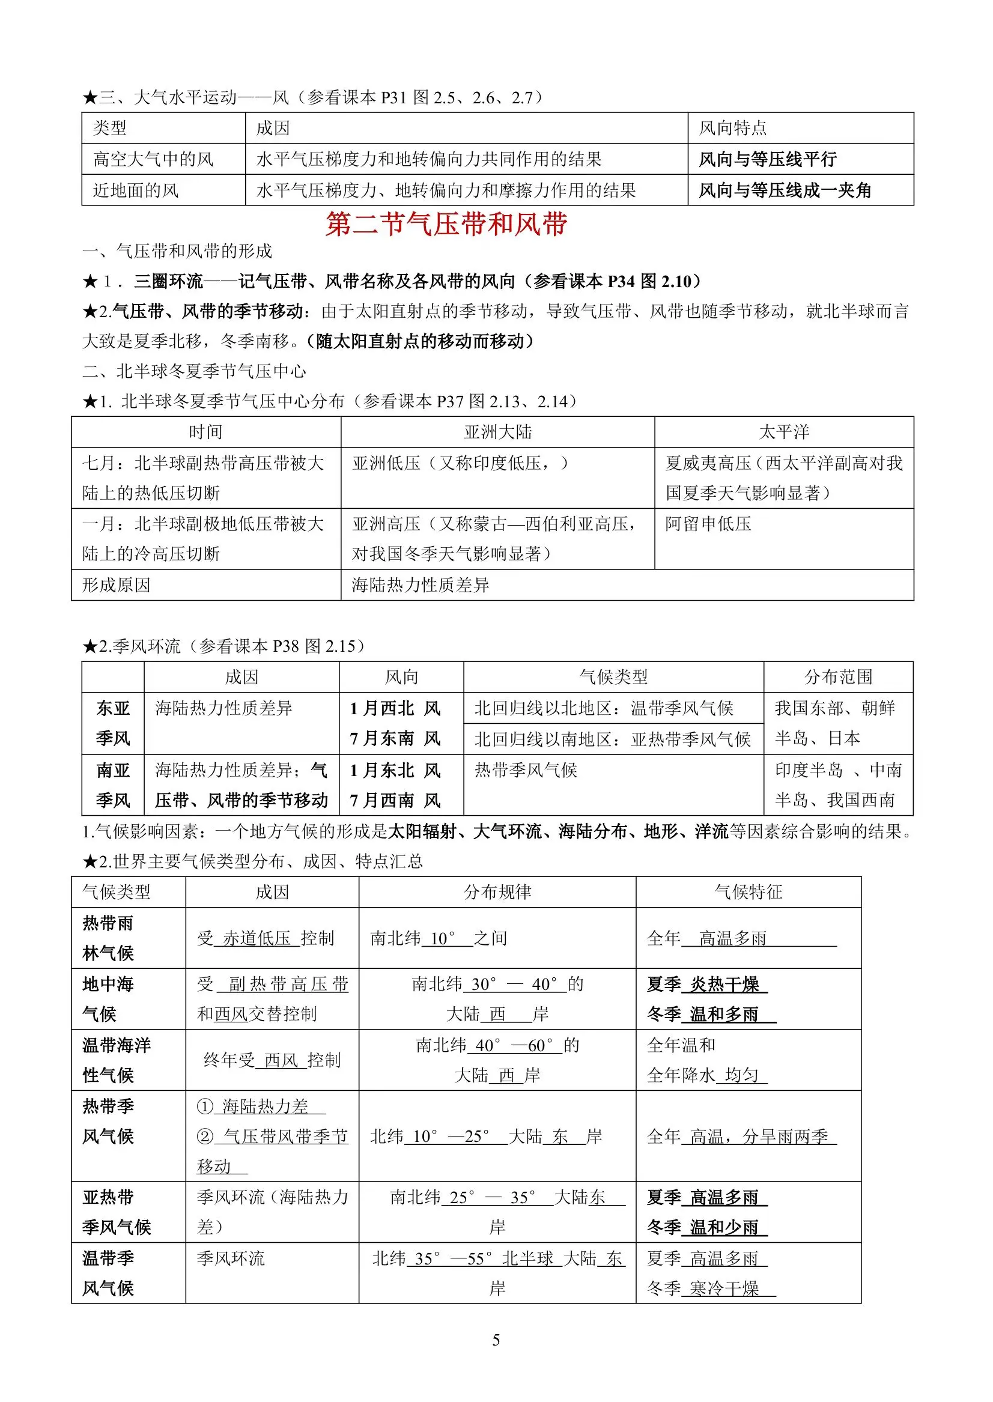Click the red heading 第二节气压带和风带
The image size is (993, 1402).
pyautogui.click(x=446, y=225)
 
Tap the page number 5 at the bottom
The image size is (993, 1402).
pyautogui.click(x=496, y=1340)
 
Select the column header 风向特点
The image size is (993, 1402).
pyautogui.click(x=732, y=129)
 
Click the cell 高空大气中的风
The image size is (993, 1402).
pyautogui.click(x=153, y=160)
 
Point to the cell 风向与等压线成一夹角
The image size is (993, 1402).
pyautogui.click(x=785, y=191)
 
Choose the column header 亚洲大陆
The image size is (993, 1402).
pyautogui.click(x=498, y=432)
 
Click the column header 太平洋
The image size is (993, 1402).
pyautogui.click(x=784, y=432)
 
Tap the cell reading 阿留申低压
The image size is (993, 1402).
pyautogui.click(x=708, y=524)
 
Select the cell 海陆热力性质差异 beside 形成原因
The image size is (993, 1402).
pyautogui.click(x=420, y=585)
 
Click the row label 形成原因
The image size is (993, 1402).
pyautogui.click(x=116, y=585)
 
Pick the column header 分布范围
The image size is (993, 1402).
pyautogui.click(x=838, y=677)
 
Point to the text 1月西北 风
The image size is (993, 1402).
pyautogui.click(x=395, y=708)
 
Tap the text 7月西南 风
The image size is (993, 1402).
pyautogui.click(x=395, y=800)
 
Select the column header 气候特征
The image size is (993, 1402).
pyautogui.click(x=749, y=892)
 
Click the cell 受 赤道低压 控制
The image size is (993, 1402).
pyautogui.click(x=266, y=938)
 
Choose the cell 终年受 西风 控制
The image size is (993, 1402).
pyautogui.click(x=272, y=1060)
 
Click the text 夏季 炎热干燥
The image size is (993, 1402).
pyautogui.click(x=707, y=984)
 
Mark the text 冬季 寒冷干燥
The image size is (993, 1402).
pyautogui.click(x=711, y=1288)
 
